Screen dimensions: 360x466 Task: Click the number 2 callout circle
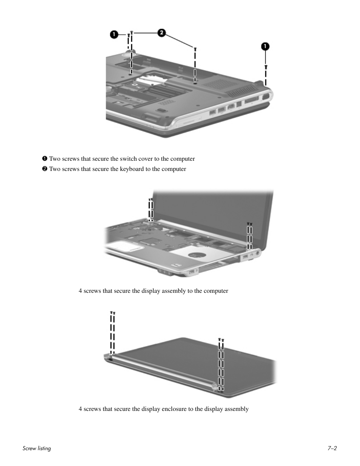161,33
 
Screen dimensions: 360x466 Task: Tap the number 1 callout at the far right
266,46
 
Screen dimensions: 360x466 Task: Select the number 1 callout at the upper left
114,34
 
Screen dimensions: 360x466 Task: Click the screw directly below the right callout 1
266,67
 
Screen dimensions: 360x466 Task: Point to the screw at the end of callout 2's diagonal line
195,49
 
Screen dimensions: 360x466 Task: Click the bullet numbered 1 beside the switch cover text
45,159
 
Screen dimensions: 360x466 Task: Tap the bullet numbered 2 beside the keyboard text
45,169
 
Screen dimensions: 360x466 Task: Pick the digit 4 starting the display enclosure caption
80,409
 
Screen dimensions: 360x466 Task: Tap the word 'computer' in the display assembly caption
216,291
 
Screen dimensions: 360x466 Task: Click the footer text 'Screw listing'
37,448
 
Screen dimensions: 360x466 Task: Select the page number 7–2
332,448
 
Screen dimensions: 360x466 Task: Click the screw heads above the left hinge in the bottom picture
112,313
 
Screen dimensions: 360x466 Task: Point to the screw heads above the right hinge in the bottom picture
221,340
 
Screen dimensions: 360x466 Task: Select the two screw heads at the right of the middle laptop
249,224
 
